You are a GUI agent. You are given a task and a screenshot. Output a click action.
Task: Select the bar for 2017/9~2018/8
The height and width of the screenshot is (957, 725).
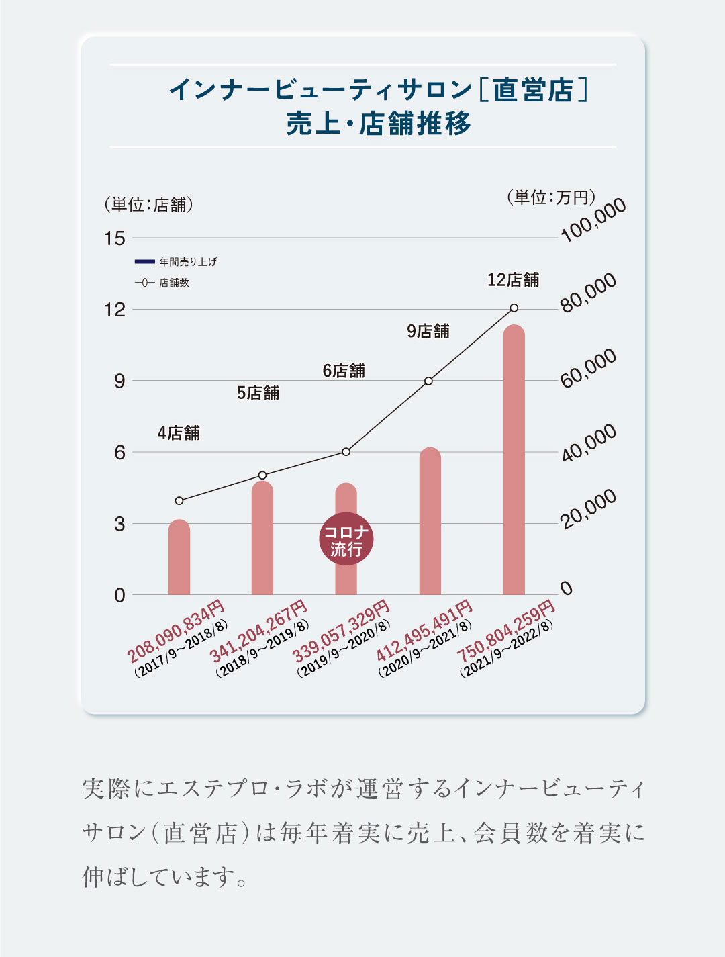click(x=179, y=557)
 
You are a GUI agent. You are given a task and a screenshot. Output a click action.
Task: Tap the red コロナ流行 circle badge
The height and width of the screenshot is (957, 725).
click(x=346, y=539)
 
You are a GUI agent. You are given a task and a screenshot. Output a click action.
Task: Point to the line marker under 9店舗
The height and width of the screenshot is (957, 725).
click(x=428, y=381)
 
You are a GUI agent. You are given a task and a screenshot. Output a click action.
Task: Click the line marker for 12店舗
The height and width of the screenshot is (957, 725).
click(x=514, y=308)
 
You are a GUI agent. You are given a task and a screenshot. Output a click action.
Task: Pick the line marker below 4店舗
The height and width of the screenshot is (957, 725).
click(x=179, y=500)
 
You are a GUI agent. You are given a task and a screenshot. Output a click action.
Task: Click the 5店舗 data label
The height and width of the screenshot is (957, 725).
click(x=258, y=393)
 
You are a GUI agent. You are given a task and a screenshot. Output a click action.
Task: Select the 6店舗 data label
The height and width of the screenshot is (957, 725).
click(x=344, y=371)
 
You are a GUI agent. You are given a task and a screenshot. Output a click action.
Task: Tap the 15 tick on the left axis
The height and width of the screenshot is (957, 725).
click(x=115, y=238)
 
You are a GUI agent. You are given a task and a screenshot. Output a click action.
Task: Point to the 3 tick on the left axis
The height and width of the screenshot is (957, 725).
click(x=119, y=524)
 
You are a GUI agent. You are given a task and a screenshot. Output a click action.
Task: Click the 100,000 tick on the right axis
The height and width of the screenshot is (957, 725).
click(x=593, y=220)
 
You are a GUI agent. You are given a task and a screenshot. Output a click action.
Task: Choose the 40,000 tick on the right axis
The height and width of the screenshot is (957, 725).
click(x=589, y=443)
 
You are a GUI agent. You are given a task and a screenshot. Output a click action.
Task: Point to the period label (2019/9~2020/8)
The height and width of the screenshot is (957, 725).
click(x=344, y=649)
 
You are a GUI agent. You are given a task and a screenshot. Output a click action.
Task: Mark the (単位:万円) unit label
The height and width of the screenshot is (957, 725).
click(x=550, y=197)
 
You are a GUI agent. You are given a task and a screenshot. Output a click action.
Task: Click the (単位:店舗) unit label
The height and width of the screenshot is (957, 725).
click(x=148, y=205)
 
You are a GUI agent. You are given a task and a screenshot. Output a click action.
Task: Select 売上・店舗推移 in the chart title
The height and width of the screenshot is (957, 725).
click(x=379, y=124)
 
